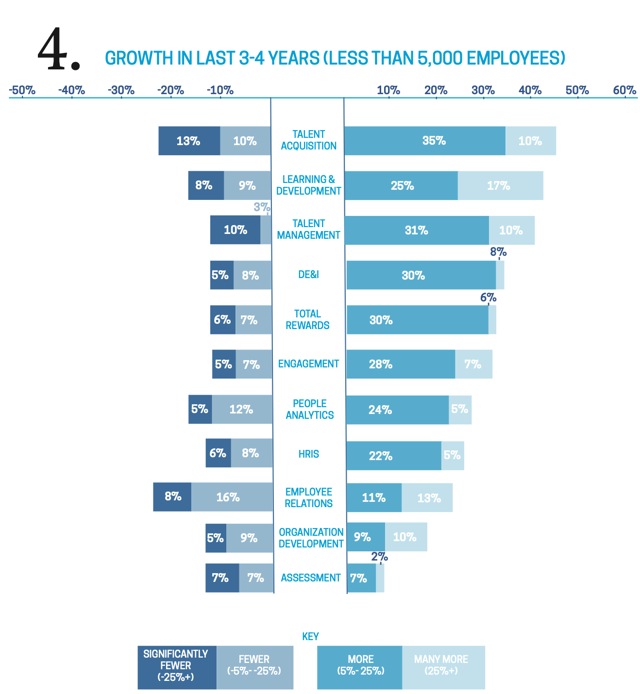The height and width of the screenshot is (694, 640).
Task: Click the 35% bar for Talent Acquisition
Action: [x=425, y=141]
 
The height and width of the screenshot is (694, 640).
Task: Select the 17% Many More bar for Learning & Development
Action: [x=500, y=185]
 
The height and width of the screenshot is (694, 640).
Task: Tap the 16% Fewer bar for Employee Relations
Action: [x=232, y=497]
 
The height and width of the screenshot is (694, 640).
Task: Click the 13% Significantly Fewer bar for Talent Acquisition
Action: [x=189, y=141]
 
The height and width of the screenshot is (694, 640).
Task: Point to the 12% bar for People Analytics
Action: [x=242, y=409]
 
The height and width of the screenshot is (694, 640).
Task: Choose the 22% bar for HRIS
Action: [x=394, y=456]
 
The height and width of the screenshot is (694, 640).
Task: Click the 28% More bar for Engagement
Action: [x=401, y=364]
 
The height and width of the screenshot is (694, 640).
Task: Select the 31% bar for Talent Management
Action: [x=417, y=230]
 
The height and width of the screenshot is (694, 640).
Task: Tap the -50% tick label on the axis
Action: [x=22, y=90]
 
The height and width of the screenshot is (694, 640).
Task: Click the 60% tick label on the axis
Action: [x=624, y=90]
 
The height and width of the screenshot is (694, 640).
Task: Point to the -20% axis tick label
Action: [x=171, y=90]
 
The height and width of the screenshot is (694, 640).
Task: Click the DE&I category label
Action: [x=308, y=275]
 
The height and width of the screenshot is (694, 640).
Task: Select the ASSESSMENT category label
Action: [x=311, y=578]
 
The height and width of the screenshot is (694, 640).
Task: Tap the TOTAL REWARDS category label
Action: [x=308, y=319]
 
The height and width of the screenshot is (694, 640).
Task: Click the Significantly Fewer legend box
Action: [x=177, y=667]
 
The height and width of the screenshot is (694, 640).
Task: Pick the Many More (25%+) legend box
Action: [x=443, y=667]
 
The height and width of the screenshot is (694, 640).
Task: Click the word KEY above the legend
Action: [x=310, y=636]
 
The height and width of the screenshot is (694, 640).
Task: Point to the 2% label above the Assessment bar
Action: [x=379, y=557]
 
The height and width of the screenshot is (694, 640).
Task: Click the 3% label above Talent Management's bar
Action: [x=262, y=207]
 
